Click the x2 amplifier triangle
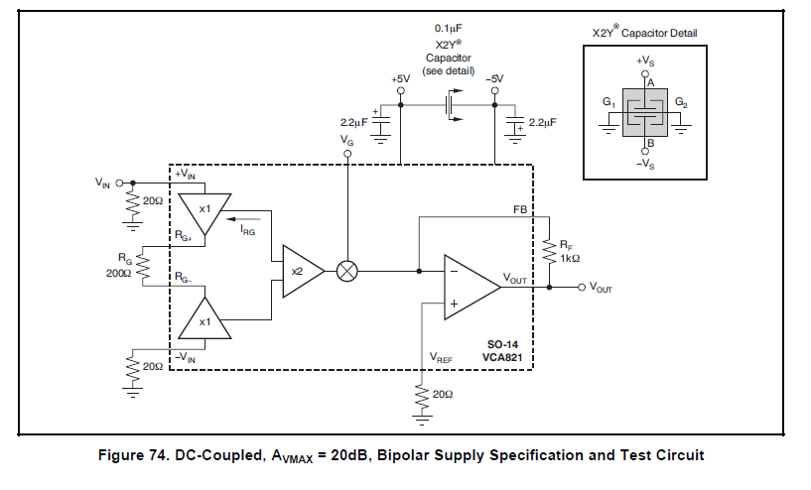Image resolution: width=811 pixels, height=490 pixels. (301, 271)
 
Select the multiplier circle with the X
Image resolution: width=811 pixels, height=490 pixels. (347, 271)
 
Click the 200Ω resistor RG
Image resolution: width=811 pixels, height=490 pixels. (142, 266)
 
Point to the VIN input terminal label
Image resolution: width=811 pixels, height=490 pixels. (103, 183)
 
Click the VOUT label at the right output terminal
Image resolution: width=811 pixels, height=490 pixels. (603, 287)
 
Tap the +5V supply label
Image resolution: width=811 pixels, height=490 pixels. (400, 78)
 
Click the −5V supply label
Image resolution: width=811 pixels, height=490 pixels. (493, 78)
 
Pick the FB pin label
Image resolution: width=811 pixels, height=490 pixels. (520, 210)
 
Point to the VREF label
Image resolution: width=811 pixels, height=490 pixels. (442, 356)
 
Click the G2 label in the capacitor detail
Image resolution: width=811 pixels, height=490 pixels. (681, 102)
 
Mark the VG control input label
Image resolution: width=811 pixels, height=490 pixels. (346, 141)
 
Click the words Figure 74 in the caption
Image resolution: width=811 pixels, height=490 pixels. (134, 455)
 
